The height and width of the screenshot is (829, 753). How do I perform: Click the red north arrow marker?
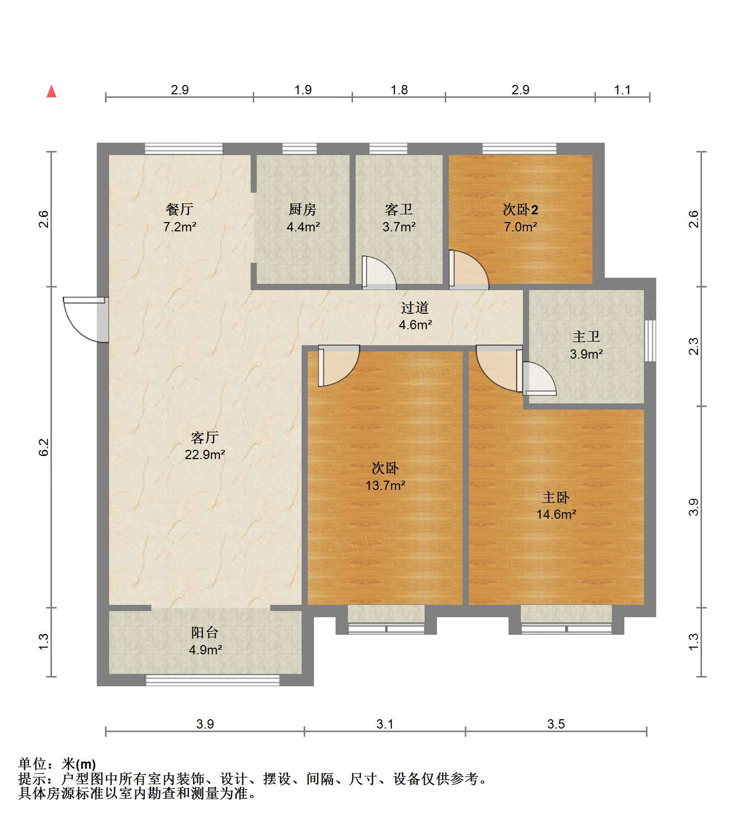pos(51,91)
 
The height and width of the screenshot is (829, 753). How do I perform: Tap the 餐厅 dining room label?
pos(179,209)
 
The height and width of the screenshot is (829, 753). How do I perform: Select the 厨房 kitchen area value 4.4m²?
pos(303,227)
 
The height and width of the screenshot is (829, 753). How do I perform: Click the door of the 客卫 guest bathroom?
pos(378,272)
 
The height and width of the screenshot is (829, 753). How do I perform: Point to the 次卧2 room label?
pos(520,210)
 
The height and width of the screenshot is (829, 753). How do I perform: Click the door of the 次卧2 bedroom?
pos(467,269)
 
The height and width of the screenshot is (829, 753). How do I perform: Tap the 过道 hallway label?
pos(414,308)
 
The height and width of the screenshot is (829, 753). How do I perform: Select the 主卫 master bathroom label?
pos(586,337)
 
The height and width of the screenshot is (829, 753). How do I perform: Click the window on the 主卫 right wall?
pos(651,341)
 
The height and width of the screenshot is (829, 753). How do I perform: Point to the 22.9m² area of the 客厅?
pos(205,455)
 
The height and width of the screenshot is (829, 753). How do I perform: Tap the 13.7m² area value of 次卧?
pos(385,485)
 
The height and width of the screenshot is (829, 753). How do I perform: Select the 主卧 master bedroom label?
pos(555,498)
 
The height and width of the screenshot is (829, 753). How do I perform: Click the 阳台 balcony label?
pos(205,633)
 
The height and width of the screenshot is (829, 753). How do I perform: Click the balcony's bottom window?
pos(213,680)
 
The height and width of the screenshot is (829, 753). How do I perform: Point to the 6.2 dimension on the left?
pos(44,447)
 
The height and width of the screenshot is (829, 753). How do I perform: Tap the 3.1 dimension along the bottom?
pos(384,724)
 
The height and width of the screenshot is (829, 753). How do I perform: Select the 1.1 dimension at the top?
pos(622,90)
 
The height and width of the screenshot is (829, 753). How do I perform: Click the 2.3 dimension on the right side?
pos(694,346)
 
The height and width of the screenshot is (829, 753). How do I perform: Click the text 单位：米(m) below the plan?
pos(57,764)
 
